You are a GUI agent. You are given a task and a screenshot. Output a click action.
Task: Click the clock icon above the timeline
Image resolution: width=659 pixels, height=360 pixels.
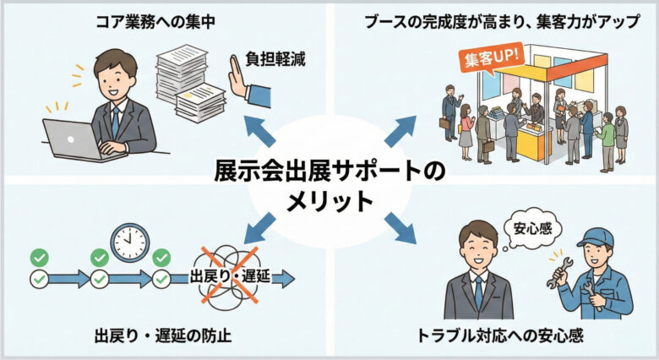click(129, 243)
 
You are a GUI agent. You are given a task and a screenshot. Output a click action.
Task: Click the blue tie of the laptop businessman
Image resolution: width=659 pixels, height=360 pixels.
click(114, 123)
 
